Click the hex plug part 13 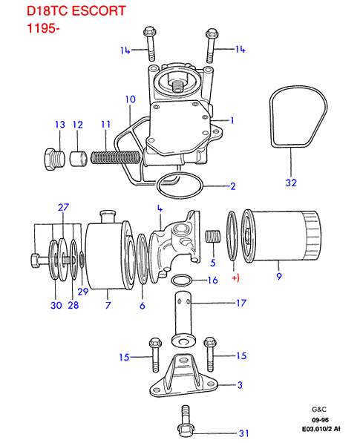[x=50, y=159]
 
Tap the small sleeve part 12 [x=77, y=158]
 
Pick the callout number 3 [x=239, y=384]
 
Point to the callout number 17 [x=240, y=302]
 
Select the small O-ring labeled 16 [x=183, y=281]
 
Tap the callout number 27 [x=63, y=207]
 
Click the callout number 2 [x=232, y=186]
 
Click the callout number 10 [x=130, y=99]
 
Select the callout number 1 [x=232, y=119]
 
